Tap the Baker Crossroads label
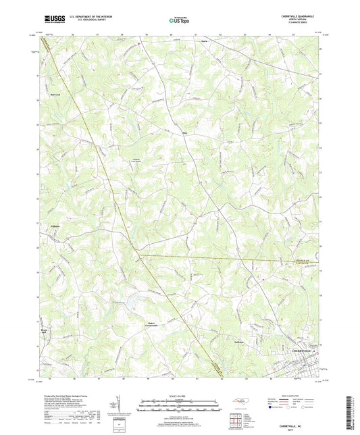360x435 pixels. point(155,324)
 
